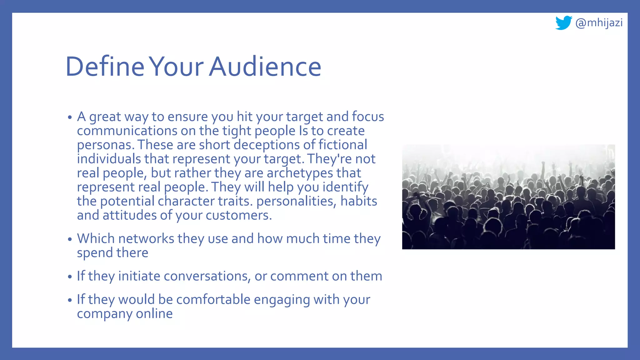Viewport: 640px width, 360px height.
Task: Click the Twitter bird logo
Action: tap(563, 23)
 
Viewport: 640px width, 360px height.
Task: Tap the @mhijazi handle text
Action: tap(599, 23)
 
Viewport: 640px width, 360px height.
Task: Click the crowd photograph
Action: tap(508, 197)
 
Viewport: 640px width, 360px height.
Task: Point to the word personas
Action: tap(105, 145)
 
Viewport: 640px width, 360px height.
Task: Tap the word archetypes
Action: tap(300, 173)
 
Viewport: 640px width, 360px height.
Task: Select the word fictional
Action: tap(342, 145)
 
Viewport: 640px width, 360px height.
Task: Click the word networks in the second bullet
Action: tap(146, 239)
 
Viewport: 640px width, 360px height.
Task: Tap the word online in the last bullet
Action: tap(154, 314)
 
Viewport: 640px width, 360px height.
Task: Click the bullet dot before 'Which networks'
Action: tap(70, 240)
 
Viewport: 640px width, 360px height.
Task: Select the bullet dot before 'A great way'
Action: tap(70, 118)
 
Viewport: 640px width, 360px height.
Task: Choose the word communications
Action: tap(127, 131)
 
